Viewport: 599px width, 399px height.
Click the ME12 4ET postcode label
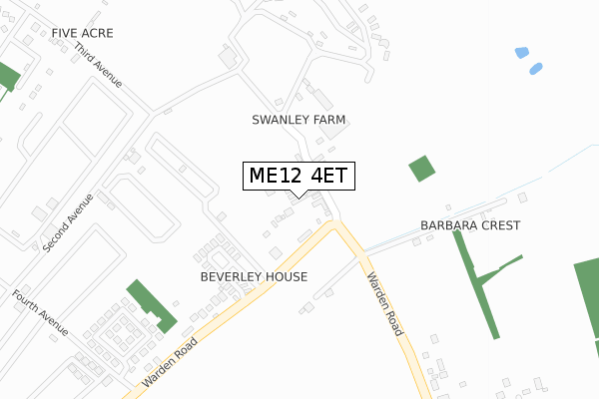pyautogui.click(x=298, y=176)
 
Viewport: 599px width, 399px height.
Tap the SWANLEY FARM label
pyautogui.click(x=299, y=120)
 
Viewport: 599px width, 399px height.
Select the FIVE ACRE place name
pyautogui.click(x=83, y=33)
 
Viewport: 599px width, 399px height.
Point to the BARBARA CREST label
pyautogui.click(x=470, y=225)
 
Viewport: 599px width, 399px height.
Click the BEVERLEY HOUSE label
pyautogui.click(x=254, y=276)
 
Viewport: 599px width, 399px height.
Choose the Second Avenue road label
pyautogui.click(x=67, y=221)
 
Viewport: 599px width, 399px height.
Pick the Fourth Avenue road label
pyautogui.click(x=41, y=312)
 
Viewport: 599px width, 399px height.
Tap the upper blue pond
pyautogui.click(x=521, y=52)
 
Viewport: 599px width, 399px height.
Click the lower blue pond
pyautogui.click(x=536, y=69)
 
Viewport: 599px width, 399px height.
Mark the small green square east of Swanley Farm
pyautogui.click(x=422, y=169)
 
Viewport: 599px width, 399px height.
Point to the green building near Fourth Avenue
pyautogui.click(x=151, y=305)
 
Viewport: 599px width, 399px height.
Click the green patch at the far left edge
pyautogui.click(x=7, y=78)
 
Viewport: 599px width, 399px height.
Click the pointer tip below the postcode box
pyautogui.click(x=298, y=197)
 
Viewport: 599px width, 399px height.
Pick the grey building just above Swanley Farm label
pyautogui.click(x=324, y=101)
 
